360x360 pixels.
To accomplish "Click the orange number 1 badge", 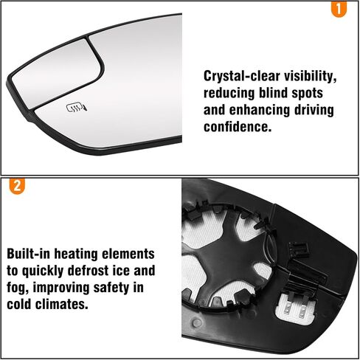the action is pyautogui.click(x=339, y=9).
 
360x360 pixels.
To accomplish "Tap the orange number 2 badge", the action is pyautogui.click(x=17, y=186).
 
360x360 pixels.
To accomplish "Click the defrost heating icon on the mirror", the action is pyautogui.click(x=77, y=108).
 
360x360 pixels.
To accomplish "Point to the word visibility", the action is pyautogui.click(x=311, y=76).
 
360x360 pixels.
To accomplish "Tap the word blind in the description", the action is pyautogui.click(x=273, y=93).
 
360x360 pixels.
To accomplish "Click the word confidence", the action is pyautogui.click(x=238, y=127).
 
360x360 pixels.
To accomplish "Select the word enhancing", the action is pyautogui.click(x=260, y=111).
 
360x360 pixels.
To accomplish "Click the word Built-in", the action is pyautogui.click(x=28, y=254).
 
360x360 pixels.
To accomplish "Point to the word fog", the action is pyautogui.click(x=17, y=288).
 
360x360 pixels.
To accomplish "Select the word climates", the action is pyautogui.click(x=62, y=304).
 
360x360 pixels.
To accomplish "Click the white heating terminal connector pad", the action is pyautogui.click(x=294, y=308).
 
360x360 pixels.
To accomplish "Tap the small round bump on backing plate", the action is pyautogui.click(x=197, y=323).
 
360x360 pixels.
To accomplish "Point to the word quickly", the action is pyautogui.click(x=43, y=271).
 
